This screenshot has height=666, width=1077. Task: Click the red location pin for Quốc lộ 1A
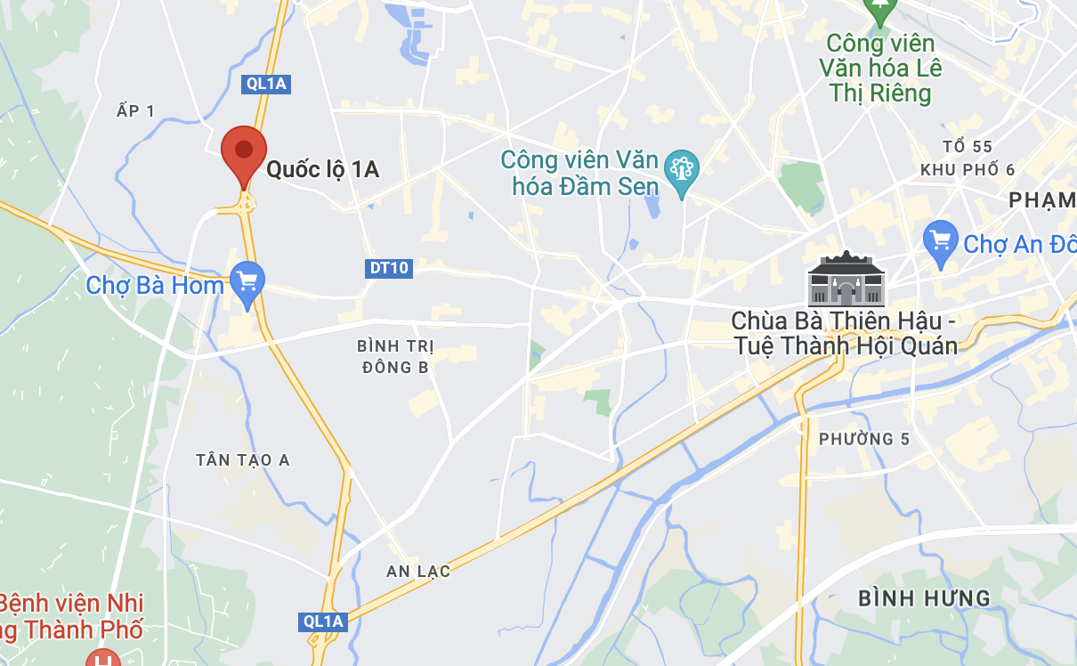pos(243,154)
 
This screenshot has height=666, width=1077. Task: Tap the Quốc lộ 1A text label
pos(323,169)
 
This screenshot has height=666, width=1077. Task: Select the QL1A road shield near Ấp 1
pos(266,84)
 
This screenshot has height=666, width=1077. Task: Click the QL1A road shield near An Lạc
pos(322,621)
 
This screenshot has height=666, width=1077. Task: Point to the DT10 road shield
pos(389,268)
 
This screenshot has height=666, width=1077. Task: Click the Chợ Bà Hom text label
pos(155,286)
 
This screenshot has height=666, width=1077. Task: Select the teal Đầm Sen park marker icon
pos(683,168)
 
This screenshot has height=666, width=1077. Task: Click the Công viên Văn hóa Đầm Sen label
pos(579,173)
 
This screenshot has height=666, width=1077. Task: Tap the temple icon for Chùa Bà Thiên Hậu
pos(846,279)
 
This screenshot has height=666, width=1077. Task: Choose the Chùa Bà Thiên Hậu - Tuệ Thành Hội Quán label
pos(844,333)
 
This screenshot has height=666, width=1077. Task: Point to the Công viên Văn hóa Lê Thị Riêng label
pos(880,68)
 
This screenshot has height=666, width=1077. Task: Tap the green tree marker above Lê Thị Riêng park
pos(880,10)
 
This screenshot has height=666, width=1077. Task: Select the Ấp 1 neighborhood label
pos(135,110)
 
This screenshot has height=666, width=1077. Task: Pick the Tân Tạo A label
pos(243,459)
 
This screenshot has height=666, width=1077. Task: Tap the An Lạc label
pos(418,571)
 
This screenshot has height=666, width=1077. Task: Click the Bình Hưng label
pos(924,597)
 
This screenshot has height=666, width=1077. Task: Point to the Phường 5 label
pos(856,438)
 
